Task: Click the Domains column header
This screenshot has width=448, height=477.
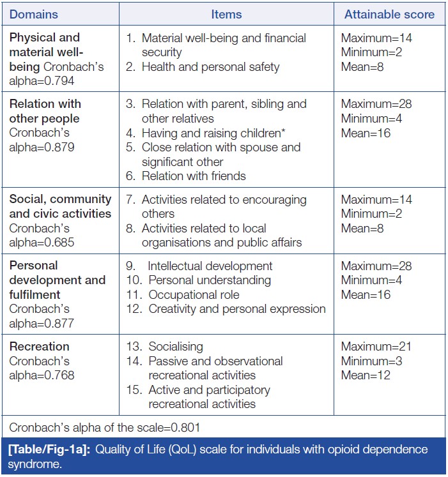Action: click(33, 14)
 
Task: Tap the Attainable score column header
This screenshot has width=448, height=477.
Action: click(389, 14)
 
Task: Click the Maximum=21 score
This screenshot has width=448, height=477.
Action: click(376, 346)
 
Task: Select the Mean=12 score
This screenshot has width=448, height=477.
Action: click(366, 375)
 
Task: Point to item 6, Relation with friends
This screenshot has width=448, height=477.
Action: click(194, 176)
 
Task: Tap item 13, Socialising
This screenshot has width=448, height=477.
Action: click(176, 346)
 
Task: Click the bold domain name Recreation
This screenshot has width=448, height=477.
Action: click(39, 346)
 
